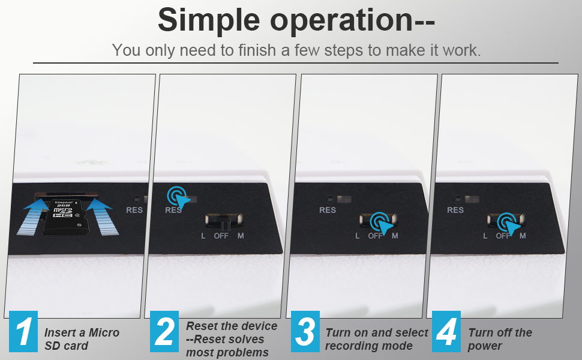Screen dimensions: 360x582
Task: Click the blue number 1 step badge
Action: [23, 332]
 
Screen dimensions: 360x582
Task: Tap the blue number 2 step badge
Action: [164, 332]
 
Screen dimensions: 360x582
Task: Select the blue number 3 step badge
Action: [305, 332]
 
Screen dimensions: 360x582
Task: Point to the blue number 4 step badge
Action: [446, 332]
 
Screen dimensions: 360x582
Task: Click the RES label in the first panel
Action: [134, 210]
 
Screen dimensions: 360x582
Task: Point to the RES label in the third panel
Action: [328, 210]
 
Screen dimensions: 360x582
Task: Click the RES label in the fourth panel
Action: [455, 210]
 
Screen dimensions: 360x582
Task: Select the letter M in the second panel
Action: [241, 236]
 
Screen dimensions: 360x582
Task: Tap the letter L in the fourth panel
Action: [485, 236]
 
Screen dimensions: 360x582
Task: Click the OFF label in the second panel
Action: [221, 236]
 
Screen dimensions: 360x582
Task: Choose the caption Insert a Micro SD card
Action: [82, 339]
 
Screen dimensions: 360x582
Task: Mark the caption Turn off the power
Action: [500, 339]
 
